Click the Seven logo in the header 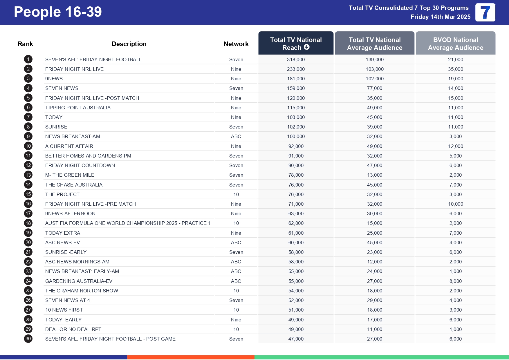click(485, 12)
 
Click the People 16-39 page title click(58, 12)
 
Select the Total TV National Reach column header click(296, 43)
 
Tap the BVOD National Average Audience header click(455, 44)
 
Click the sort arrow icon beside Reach click(307, 47)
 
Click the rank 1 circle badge click(28, 59)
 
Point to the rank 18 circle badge click(28, 223)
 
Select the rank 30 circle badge click(28, 339)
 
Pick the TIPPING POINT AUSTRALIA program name click(78, 108)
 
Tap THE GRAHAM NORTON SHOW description click(82, 291)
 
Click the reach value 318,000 click(296, 59)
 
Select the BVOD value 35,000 click(455, 69)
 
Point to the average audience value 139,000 click(374, 59)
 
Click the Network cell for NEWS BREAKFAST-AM click(236, 136)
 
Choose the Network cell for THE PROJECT click(236, 194)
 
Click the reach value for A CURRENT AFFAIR click(296, 146)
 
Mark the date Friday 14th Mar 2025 click(440, 17)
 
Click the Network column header click(236, 44)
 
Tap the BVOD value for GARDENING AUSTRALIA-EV click(455, 281)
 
